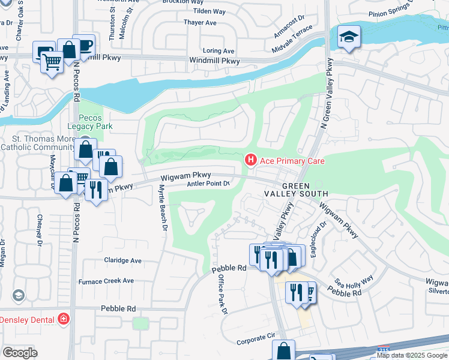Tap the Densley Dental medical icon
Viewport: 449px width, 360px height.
[x=64, y=319]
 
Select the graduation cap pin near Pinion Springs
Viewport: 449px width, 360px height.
[x=348, y=38]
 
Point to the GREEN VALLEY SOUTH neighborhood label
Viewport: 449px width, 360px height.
[x=297, y=190]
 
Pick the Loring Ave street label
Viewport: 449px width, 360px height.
[x=218, y=51]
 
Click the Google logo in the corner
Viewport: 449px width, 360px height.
[x=20, y=353]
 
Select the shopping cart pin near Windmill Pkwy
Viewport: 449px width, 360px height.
[x=52, y=62]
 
